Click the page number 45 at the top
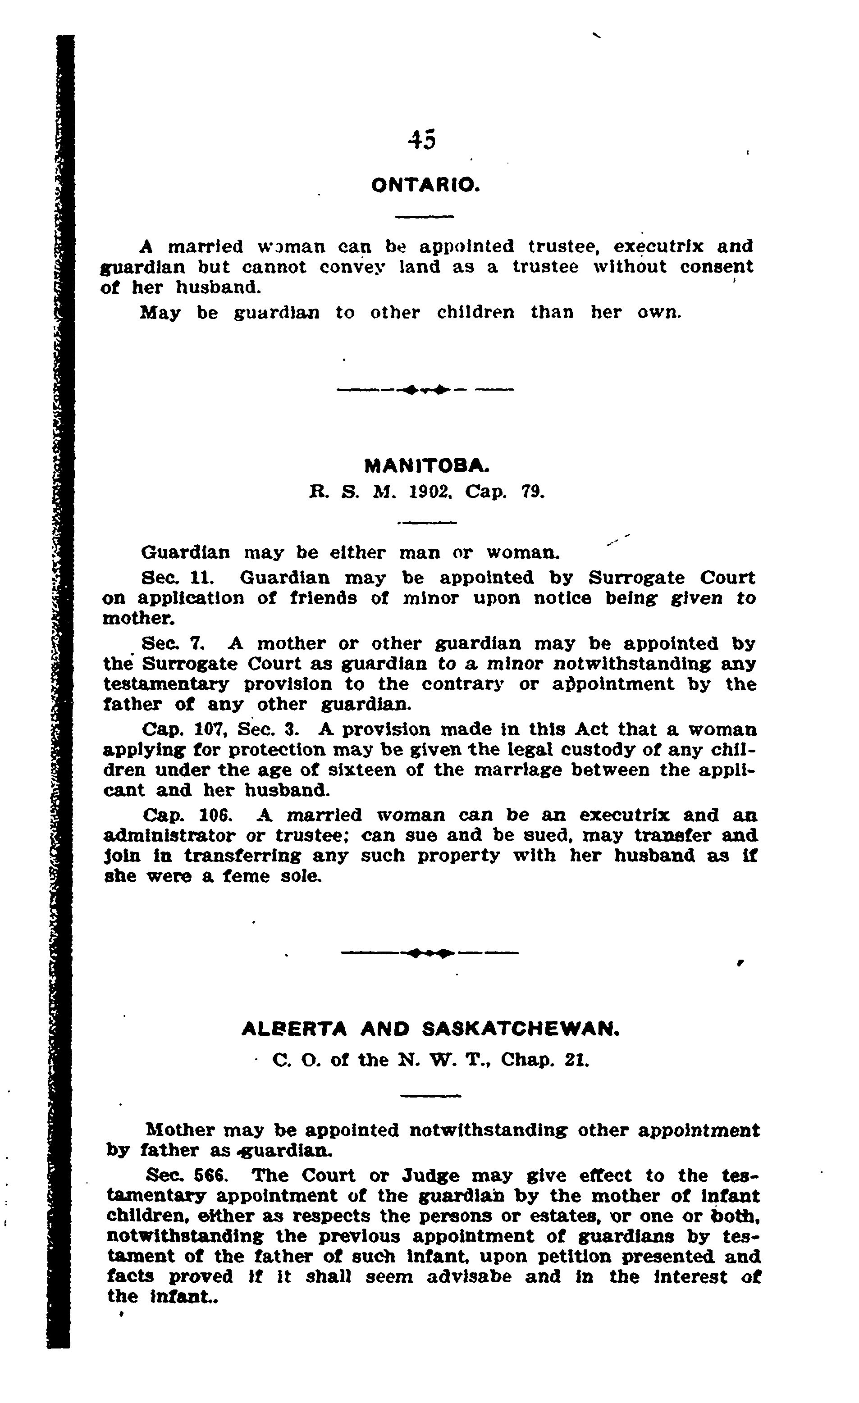(422, 140)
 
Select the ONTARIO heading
(425, 185)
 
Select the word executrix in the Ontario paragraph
(649, 246)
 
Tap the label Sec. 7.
(172, 643)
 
